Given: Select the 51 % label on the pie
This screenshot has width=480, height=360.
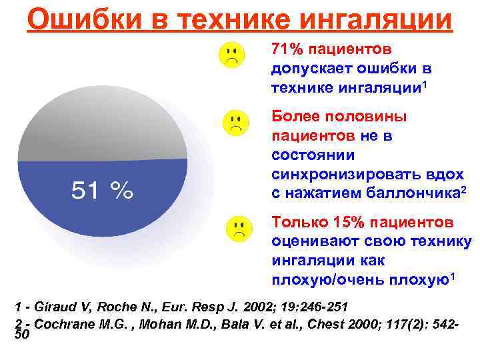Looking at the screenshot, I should pos(103,191).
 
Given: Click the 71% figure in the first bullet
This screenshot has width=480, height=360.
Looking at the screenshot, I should pos(287,51).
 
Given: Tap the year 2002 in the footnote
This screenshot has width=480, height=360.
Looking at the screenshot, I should pos(251,307).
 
